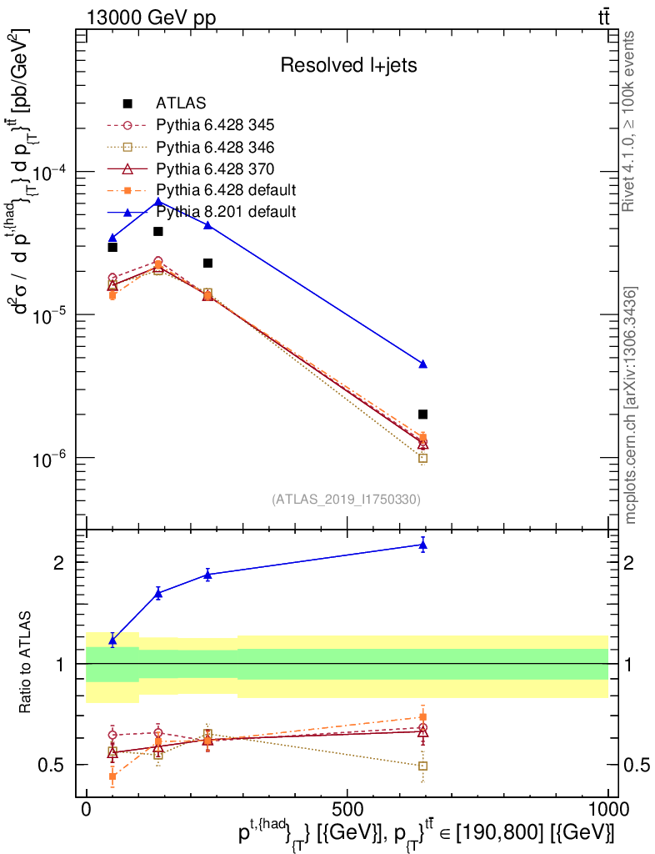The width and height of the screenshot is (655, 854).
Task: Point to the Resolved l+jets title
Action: pyautogui.click(x=348, y=65)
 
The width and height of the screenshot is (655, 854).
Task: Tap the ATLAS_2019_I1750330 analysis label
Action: pyautogui.click(x=346, y=500)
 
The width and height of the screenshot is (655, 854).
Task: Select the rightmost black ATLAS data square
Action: pyautogui.click(x=423, y=414)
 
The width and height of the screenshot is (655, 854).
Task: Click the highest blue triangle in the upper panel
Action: pyautogui.click(x=158, y=202)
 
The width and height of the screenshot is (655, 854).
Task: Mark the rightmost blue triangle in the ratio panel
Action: pyautogui.click(x=423, y=545)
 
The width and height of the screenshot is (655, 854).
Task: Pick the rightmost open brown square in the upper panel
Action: pyautogui.click(x=423, y=458)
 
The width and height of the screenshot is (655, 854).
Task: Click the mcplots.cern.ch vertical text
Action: pyautogui.click(x=631, y=405)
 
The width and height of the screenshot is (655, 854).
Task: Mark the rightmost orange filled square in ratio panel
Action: pyautogui.click(x=423, y=716)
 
